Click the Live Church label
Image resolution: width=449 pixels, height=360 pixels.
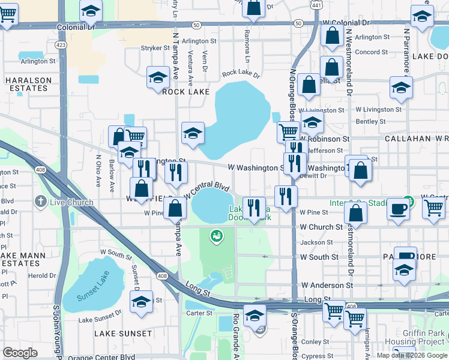[71, 202]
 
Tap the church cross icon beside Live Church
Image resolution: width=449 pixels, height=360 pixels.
[41, 202]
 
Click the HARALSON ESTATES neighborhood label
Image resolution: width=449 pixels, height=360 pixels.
[26, 84]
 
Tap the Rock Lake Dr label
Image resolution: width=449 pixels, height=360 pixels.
[241, 75]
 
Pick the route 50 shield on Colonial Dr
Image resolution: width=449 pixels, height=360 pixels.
[197, 25]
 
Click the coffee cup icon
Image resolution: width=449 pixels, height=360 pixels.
[399, 209]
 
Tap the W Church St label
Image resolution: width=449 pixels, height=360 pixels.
[321, 227]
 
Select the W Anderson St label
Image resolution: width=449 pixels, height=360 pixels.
[327, 286]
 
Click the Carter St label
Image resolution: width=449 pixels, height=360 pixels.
[200, 313]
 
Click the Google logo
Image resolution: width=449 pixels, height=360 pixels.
[20, 353]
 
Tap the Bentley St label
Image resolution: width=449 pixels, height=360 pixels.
[370, 121]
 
